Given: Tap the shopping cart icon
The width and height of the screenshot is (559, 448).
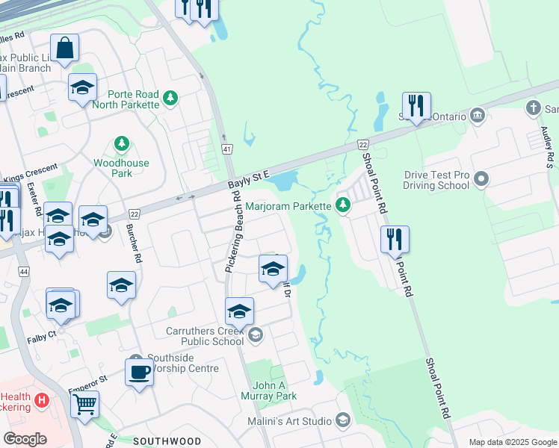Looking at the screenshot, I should coord(84,405).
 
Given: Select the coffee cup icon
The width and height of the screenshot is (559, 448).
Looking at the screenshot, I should coord(139,371).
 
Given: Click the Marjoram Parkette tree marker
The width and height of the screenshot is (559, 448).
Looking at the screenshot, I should coord(343,205).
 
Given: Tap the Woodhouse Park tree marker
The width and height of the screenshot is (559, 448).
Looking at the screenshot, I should coord(121,143).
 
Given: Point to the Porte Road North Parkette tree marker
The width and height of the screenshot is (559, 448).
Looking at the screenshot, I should coord(171,96).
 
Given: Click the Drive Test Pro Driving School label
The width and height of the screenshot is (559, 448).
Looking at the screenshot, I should coord(436,179).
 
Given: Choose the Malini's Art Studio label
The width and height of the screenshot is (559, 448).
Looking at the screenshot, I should coord(289,421).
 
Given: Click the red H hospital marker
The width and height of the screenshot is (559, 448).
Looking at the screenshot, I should coord(42,400).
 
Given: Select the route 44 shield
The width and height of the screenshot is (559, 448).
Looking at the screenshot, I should coord(24,275).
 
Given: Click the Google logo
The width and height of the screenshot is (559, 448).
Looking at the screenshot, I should coord(25,439).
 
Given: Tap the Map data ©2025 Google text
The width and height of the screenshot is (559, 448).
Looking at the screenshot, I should coord(512,442).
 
